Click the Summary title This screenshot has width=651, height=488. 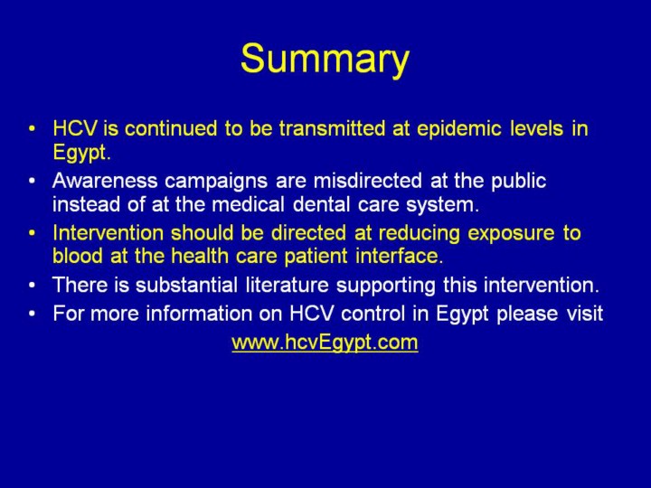click(x=325, y=60)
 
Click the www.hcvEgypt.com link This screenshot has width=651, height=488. click(x=325, y=343)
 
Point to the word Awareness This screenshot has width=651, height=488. click(x=105, y=181)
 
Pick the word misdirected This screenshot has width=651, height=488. click(x=367, y=181)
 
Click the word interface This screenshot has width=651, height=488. click(x=399, y=256)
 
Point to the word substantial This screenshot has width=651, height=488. click(x=186, y=285)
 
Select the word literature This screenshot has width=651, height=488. click(x=287, y=285)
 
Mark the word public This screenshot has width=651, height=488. click(x=519, y=182)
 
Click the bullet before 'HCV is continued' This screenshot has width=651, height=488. click(x=32, y=128)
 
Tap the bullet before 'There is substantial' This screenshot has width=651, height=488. click(x=32, y=286)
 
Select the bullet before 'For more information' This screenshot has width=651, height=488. click(x=32, y=314)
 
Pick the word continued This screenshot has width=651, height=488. click(x=171, y=128)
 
